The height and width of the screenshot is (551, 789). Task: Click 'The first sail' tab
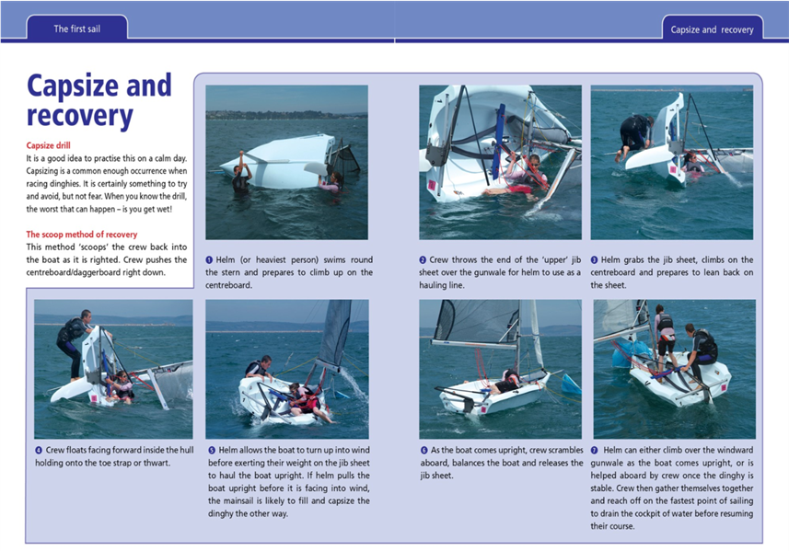(76, 29)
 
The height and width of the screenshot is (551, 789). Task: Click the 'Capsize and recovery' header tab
(712, 29)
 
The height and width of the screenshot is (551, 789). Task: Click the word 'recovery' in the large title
(80, 116)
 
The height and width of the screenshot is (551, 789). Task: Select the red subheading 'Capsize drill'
(48, 145)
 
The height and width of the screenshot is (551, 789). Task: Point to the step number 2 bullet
(424, 260)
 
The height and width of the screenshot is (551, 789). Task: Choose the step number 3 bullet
(595, 260)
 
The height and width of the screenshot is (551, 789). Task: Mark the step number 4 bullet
(39, 450)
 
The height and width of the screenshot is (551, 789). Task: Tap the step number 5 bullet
(210, 450)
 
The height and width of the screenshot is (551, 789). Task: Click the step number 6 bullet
(424, 450)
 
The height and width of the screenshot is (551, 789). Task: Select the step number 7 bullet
(595, 450)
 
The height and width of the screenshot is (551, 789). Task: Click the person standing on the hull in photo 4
(74, 340)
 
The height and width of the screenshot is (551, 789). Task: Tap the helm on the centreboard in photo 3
(635, 134)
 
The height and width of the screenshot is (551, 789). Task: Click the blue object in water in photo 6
(571, 384)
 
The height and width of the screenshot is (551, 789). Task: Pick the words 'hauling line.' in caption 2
(449, 285)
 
